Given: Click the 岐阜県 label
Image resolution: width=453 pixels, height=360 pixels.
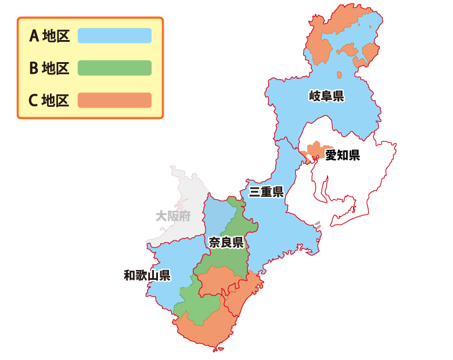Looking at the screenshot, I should click(x=326, y=96).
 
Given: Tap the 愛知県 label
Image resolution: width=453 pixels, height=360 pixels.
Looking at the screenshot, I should click(x=342, y=155).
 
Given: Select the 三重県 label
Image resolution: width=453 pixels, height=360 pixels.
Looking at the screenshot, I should click(x=266, y=192).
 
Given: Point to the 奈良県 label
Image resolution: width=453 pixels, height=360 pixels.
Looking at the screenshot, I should click(x=225, y=242).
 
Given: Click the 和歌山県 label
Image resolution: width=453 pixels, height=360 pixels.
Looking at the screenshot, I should click(x=147, y=275).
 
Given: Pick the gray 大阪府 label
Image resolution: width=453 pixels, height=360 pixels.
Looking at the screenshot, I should click(x=173, y=217).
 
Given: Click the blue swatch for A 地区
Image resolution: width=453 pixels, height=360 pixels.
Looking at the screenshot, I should click(x=114, y=36).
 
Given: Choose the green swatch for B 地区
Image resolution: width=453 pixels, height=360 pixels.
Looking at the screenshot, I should click(x=114, y=68).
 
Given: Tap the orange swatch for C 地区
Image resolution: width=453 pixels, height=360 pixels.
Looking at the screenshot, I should click(x=114, y=100).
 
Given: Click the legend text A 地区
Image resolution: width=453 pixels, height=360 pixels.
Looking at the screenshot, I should click(x=49, y=36).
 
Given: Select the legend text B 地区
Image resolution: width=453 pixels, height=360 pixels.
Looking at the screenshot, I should click(x=49, y=68).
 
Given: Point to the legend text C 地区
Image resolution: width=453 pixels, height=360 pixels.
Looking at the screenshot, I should click(x=49, y=100).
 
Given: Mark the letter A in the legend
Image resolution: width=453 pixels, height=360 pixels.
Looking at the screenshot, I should click(x=34, y=36).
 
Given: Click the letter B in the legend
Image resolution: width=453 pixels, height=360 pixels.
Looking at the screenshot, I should click(x=34, y=68).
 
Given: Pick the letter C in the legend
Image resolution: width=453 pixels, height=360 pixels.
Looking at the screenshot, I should click(x=34, y=100).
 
